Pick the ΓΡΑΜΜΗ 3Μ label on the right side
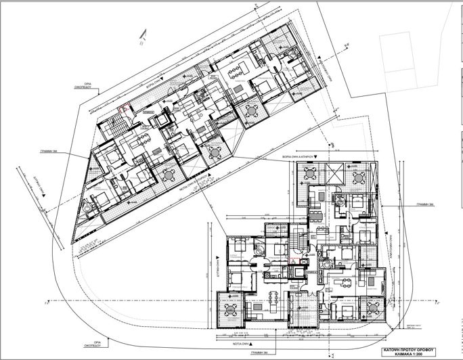(425, 204)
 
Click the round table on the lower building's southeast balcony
(374, 307)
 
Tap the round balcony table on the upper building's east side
(252, 110)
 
